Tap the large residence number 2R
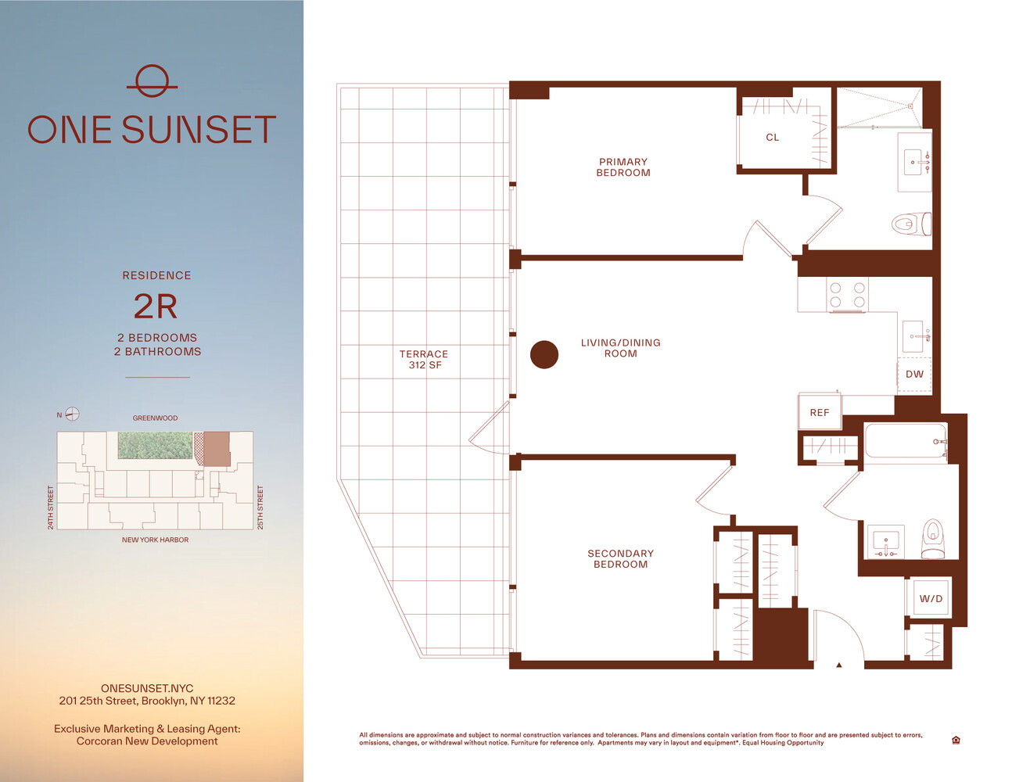coord(156,307)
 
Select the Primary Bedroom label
coord(623,167)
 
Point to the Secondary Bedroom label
coord(620,558)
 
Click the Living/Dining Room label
coord(620,348)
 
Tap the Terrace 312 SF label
coord(424,360)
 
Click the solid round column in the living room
coord(544,355)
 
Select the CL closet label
coord(772,138)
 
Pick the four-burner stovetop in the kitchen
coord(847,295)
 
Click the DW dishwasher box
coord(914,375)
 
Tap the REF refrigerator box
coord(820,412)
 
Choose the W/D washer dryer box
coord(931,598)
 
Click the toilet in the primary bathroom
coord(911,224)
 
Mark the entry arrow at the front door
coord(839,665)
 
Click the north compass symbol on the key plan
coord(72,414)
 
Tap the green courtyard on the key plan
coord(155,445)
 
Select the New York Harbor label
coord(155,540)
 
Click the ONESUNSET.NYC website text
coord(147,688)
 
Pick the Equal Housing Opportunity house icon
coord(956,740)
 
